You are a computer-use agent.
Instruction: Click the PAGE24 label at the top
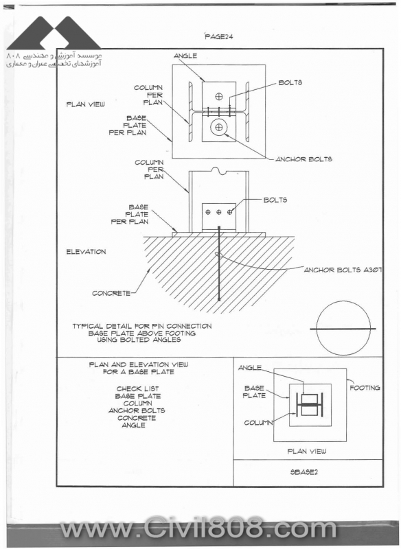[219, 36]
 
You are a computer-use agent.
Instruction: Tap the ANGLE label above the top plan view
[185, 56]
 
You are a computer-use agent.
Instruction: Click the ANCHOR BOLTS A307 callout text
[343, 270]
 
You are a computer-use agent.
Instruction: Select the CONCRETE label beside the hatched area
[111, 293]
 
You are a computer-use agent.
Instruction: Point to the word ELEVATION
[86, 251]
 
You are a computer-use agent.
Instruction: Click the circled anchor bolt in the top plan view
[219, 128]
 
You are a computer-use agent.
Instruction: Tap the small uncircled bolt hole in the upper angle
[219, 95]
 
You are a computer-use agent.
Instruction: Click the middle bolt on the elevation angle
[219, 212]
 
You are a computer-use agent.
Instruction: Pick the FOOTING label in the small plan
[365, 388]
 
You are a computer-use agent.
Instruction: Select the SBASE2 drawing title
[304, 472]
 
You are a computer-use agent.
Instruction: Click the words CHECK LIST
[137, 388]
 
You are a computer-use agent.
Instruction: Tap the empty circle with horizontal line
[343, 328]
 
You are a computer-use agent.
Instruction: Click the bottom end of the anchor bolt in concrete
[219, 300]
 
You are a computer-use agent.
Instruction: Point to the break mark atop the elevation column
[219, 171]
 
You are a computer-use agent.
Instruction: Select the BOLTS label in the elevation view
[275, 200]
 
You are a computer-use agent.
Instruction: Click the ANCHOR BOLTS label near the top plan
[304, 159]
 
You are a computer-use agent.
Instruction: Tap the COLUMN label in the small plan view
[258, 423]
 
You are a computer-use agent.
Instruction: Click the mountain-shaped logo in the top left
[54, 32]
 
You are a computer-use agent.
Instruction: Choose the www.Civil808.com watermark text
[198, 528]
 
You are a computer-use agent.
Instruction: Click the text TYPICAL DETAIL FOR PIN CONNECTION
[142, 326]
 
